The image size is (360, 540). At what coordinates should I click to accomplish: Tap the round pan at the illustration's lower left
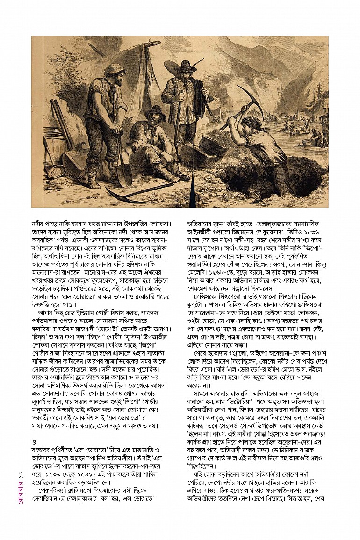(x=57, y=172)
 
